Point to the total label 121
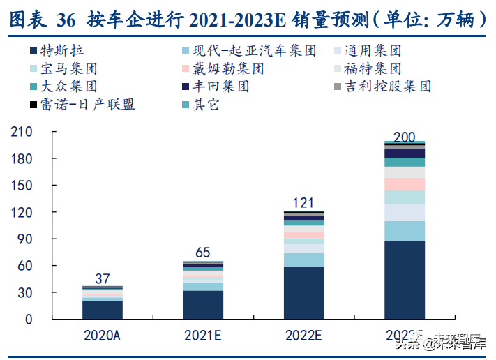point(303,202)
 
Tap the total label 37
point(103,279)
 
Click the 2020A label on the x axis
point(103,336)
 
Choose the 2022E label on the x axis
point(303,336)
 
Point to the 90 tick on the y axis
point(26,239)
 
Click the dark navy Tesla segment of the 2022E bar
point(303,292)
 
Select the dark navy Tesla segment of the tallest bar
point(404,280)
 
